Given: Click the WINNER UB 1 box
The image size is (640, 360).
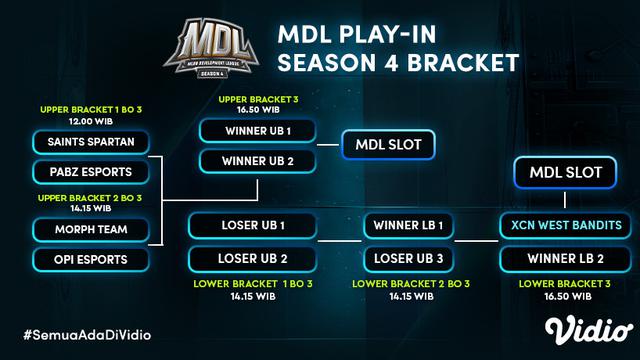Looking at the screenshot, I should (x=258, y=131).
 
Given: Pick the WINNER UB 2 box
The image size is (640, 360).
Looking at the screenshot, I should (x=258, y=160).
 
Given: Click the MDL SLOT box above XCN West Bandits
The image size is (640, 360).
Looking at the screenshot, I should (x=562, y=173).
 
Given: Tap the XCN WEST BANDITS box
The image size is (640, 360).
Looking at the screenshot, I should (x=562, y=224).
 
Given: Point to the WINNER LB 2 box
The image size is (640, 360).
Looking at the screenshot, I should (x=562, y=260).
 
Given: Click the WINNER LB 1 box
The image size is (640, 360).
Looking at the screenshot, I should (x=409, y=224).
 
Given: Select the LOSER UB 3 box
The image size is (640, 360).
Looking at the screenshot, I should (x=409, y=260).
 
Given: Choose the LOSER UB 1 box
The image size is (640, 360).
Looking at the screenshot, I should (x=254, y=224).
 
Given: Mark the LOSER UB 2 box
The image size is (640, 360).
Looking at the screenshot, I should (x=254, y=260).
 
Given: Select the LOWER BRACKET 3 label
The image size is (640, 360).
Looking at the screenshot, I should (x=563, y=284).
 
